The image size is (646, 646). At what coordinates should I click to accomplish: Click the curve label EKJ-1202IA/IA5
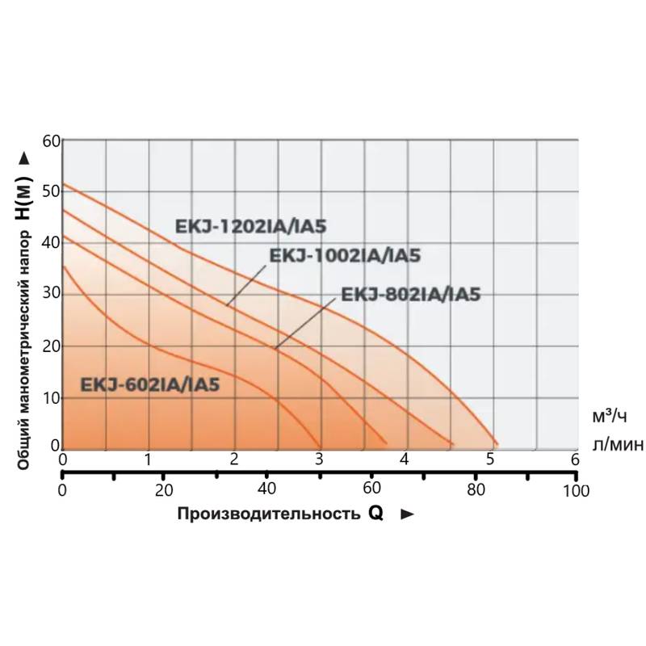pyautogui.click(x=250, y=226)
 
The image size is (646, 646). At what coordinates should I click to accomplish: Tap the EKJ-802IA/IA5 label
pyautogui.click(x=411, y=294)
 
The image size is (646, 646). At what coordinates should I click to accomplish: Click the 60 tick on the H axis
pyautogui.click(x=52, y=141)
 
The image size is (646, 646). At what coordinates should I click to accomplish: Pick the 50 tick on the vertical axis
pyautogui.click(x=52, y=192)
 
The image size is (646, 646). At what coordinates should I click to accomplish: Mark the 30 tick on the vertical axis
pyautogui.click(x=52, y=295)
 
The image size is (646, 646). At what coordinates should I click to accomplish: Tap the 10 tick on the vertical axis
pyautogui.click(x=52, y=397)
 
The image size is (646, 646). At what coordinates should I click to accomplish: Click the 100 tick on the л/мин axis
pyautogui.click(x=575, y=490)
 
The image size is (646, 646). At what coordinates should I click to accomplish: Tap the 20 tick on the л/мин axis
pyautogui.click(x=164, y=490)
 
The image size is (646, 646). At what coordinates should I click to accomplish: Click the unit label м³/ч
pyautogui.click(x=610, y=417)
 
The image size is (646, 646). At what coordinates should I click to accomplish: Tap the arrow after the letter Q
pyautogui.click(x=407, y=514)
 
